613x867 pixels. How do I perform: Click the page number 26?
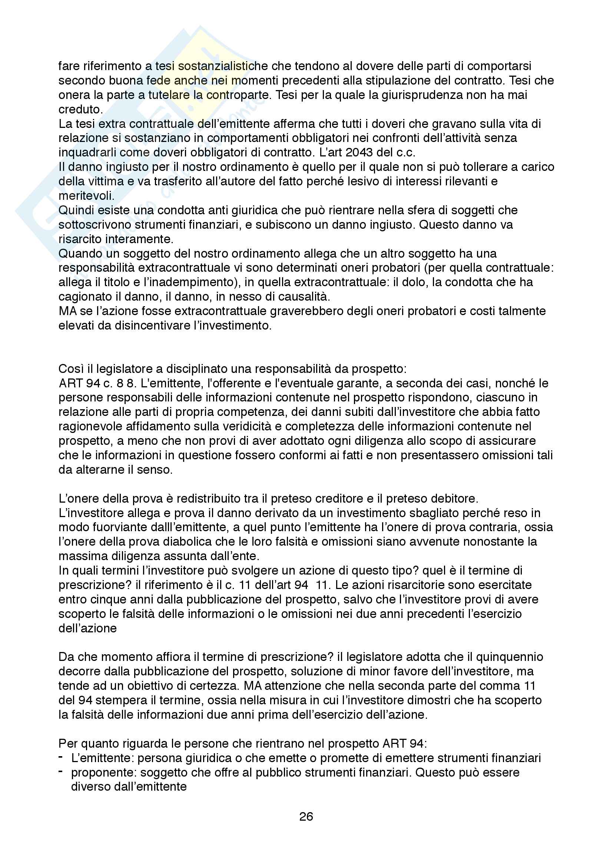coord(306,816)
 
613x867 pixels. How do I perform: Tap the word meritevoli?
coord(86,196)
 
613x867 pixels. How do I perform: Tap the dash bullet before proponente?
coord(60,771)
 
